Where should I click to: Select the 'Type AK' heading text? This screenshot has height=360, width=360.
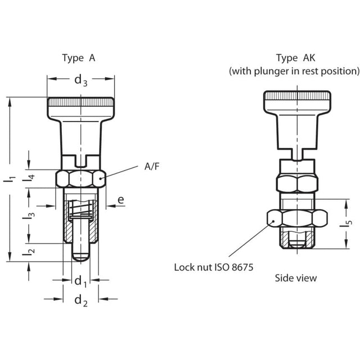tap(294, 58)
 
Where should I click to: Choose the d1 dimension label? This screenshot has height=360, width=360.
tap(80, 281)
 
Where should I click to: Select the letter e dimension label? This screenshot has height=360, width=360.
tap(120, 199)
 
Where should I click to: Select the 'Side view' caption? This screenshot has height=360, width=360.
tap(295, 278)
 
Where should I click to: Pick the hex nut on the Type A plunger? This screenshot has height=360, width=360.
tap(81, 179)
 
